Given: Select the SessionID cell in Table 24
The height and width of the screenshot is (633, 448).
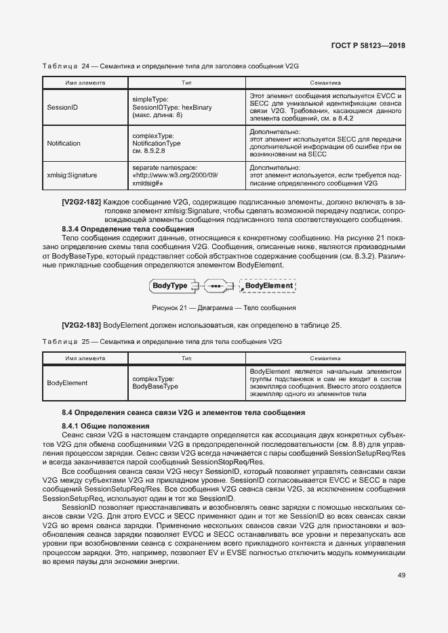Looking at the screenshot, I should pos(62,107).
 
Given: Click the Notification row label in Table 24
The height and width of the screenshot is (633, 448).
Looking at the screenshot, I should pos(64,144).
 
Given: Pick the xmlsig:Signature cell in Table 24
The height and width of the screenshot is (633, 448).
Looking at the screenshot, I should pos(72,175).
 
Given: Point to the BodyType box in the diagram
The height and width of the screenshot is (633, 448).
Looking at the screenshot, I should pos(171,286).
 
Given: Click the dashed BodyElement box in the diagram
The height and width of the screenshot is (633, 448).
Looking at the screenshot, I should pos(268,286).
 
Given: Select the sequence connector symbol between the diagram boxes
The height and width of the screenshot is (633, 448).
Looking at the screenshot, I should pos(216,286).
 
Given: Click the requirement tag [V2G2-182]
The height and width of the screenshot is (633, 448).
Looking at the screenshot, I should pos(81,202).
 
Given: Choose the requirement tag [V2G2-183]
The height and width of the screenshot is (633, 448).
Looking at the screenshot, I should pos(81,326).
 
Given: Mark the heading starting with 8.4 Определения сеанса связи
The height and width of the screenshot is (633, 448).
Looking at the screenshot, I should pos(183,412).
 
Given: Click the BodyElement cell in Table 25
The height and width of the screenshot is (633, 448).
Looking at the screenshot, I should pos(67,383).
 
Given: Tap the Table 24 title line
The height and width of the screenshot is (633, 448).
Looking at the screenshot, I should pos(171,67).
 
